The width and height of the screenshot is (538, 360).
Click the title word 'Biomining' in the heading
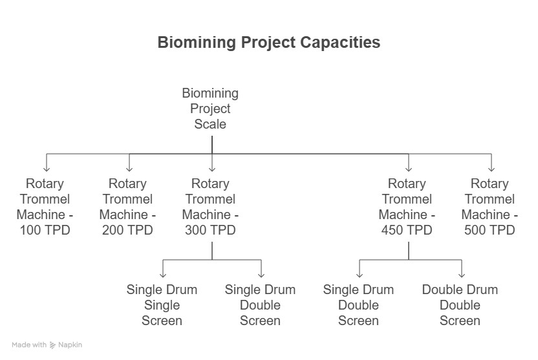[197, 43]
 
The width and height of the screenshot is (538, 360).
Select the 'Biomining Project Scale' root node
[210, 109]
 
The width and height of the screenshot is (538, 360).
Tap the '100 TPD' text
[45, 229]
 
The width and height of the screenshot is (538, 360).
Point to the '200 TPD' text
[127, 229]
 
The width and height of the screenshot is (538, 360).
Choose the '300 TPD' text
[210, 229]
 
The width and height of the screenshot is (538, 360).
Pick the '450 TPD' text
[407, 229]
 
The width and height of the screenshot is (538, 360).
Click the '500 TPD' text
[490, 229]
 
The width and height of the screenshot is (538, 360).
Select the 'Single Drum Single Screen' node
[162, 305]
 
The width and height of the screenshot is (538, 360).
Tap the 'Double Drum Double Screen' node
[460, 305]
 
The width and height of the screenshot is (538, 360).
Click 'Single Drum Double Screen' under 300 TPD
[260, 305]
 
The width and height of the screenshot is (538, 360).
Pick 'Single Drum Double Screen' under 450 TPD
[358, 305]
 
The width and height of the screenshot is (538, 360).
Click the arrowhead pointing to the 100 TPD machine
[47, 169]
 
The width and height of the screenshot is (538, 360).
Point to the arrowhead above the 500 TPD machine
[491, 169]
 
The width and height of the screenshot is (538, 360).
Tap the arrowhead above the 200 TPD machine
[129, 169]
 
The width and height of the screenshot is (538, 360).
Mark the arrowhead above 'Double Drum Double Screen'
[462, 275]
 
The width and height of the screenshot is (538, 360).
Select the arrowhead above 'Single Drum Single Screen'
[163, 275]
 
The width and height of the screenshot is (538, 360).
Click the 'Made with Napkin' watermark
[47, 345]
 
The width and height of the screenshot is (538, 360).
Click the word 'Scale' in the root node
[210, 124]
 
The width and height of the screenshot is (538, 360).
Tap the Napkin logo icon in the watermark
[52, 345]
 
